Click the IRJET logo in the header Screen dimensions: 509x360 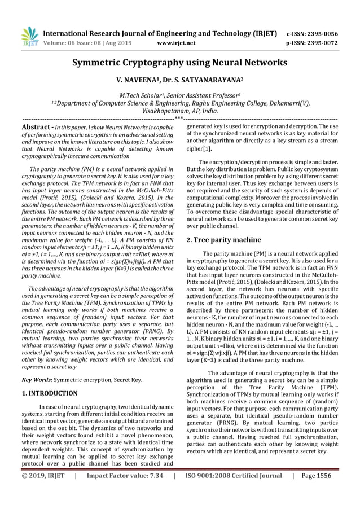[30, 36]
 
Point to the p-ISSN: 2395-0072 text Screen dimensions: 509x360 [315, 42]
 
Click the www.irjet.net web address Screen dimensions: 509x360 [179, 42]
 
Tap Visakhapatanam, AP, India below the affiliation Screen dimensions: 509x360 [179, 112]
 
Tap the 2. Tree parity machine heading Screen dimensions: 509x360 [223, 239]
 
